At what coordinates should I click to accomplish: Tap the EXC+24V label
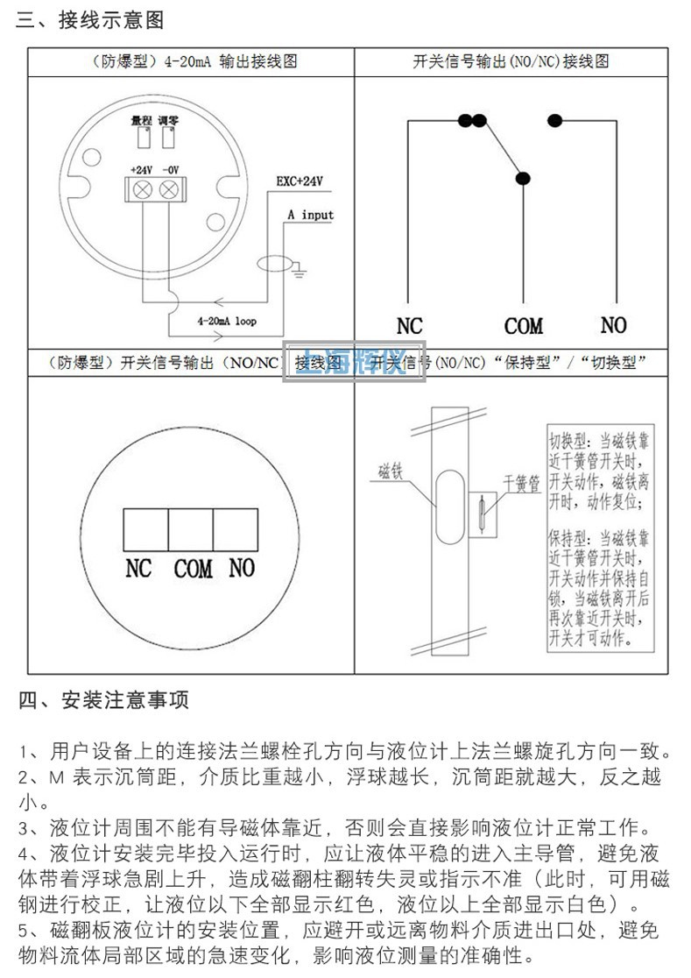coord(300,181)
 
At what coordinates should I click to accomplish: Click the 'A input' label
coord(310,215)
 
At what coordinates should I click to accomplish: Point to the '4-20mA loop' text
coord(228,322)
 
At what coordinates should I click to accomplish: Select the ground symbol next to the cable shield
coord(299,273)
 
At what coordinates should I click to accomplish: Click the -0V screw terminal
coord(170,188)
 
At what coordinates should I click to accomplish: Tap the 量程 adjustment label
coord(141,120)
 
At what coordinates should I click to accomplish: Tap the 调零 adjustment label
coord(168,120)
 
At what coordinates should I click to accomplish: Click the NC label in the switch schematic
coord(409,327)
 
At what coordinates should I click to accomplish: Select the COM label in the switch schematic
coord(523,327)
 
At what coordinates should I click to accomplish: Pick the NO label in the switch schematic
coord(613,325)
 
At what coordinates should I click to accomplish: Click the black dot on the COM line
coord(523,179)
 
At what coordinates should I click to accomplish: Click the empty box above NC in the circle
coord(145,528)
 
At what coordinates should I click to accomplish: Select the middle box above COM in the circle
coord(190,528)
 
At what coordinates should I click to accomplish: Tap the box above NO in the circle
coord(236,528)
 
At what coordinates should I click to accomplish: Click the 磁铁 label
coord(390,471)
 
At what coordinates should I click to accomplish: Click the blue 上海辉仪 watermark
coord(354,362)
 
